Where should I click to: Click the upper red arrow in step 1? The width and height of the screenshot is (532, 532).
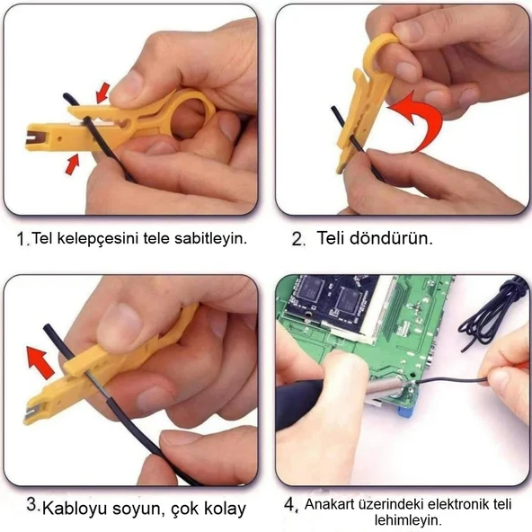click(103, 91)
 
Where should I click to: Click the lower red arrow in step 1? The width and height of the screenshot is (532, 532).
click(73, 164)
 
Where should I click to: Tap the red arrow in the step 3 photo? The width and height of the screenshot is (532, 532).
click(40, 361)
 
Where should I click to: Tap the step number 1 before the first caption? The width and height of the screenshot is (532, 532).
click(22, 240)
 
